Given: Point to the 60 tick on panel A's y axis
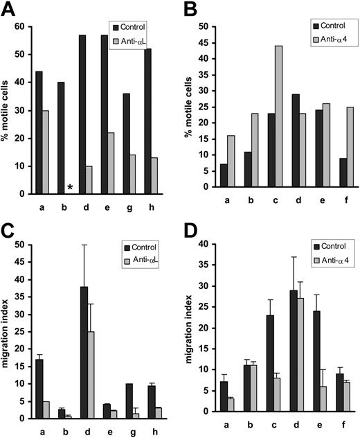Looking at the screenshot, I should point(30,26).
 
